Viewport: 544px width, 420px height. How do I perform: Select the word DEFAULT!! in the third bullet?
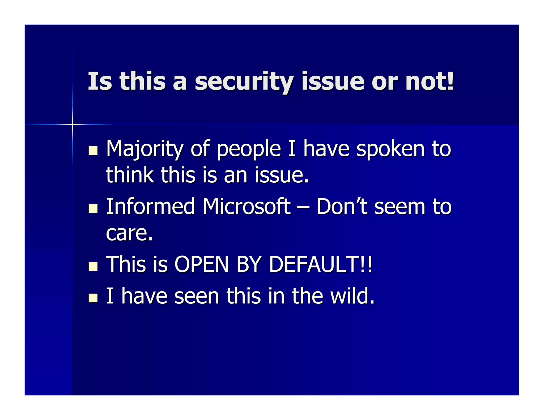pyautogui.click(x=321, y=264)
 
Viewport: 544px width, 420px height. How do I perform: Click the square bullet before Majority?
pyautogui.click(x=93, y=151)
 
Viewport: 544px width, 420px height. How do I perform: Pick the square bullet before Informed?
pyautogui.click(x=93, y=208)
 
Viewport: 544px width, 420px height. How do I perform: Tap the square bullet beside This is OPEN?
pyautogui.click(x=93, y=266)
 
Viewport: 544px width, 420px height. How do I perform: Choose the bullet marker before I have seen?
pyautogui.click(x=93, y=298)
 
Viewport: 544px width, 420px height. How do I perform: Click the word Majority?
pyautogui.click(x=144, y=149)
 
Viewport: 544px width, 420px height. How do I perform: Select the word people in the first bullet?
pyautogui.click(x=249, y=149)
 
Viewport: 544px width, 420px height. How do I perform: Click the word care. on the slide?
pyautogui.click(x=129, y=233)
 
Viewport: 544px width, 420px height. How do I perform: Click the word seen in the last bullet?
pyautogui.click(x=197, y=296)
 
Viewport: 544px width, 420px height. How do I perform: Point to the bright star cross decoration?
pyautogui.click(x=72, y=124)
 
